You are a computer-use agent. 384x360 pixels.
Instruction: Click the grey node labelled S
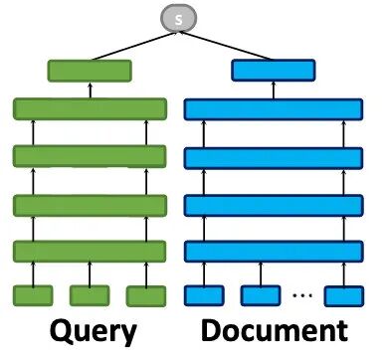point(179,18)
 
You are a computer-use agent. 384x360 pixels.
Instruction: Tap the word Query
point(94,331)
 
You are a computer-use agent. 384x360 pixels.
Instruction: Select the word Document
point(275,330)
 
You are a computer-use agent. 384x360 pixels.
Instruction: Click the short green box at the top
point(90,71)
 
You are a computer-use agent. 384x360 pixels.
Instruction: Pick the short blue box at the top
point(274,71)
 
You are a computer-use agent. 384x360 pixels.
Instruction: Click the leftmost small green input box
point(33,295)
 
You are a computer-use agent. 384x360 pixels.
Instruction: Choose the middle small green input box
point(90,295)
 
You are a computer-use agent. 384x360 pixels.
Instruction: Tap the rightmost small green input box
point(146,296)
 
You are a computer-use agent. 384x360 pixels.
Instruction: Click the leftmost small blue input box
point(204,295)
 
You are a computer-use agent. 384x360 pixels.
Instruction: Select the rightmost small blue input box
point(344,296)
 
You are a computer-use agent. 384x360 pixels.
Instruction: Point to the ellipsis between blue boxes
point(302,294)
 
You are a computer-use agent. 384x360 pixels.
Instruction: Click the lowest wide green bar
point(90,252)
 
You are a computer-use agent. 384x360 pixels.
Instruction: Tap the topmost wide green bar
point(90,109)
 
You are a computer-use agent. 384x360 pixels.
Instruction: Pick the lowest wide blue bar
point(274,252)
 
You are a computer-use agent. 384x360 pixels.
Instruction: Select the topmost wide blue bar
point(274,109)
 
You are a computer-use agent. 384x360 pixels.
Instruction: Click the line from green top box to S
point(134,46)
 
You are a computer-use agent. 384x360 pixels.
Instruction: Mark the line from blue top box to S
point(226,46)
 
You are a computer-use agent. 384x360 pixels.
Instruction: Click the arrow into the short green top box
point(91,90)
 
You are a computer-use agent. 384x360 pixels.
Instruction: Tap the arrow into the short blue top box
point(274,90)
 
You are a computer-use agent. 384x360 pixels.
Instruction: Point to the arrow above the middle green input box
point(90,273)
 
